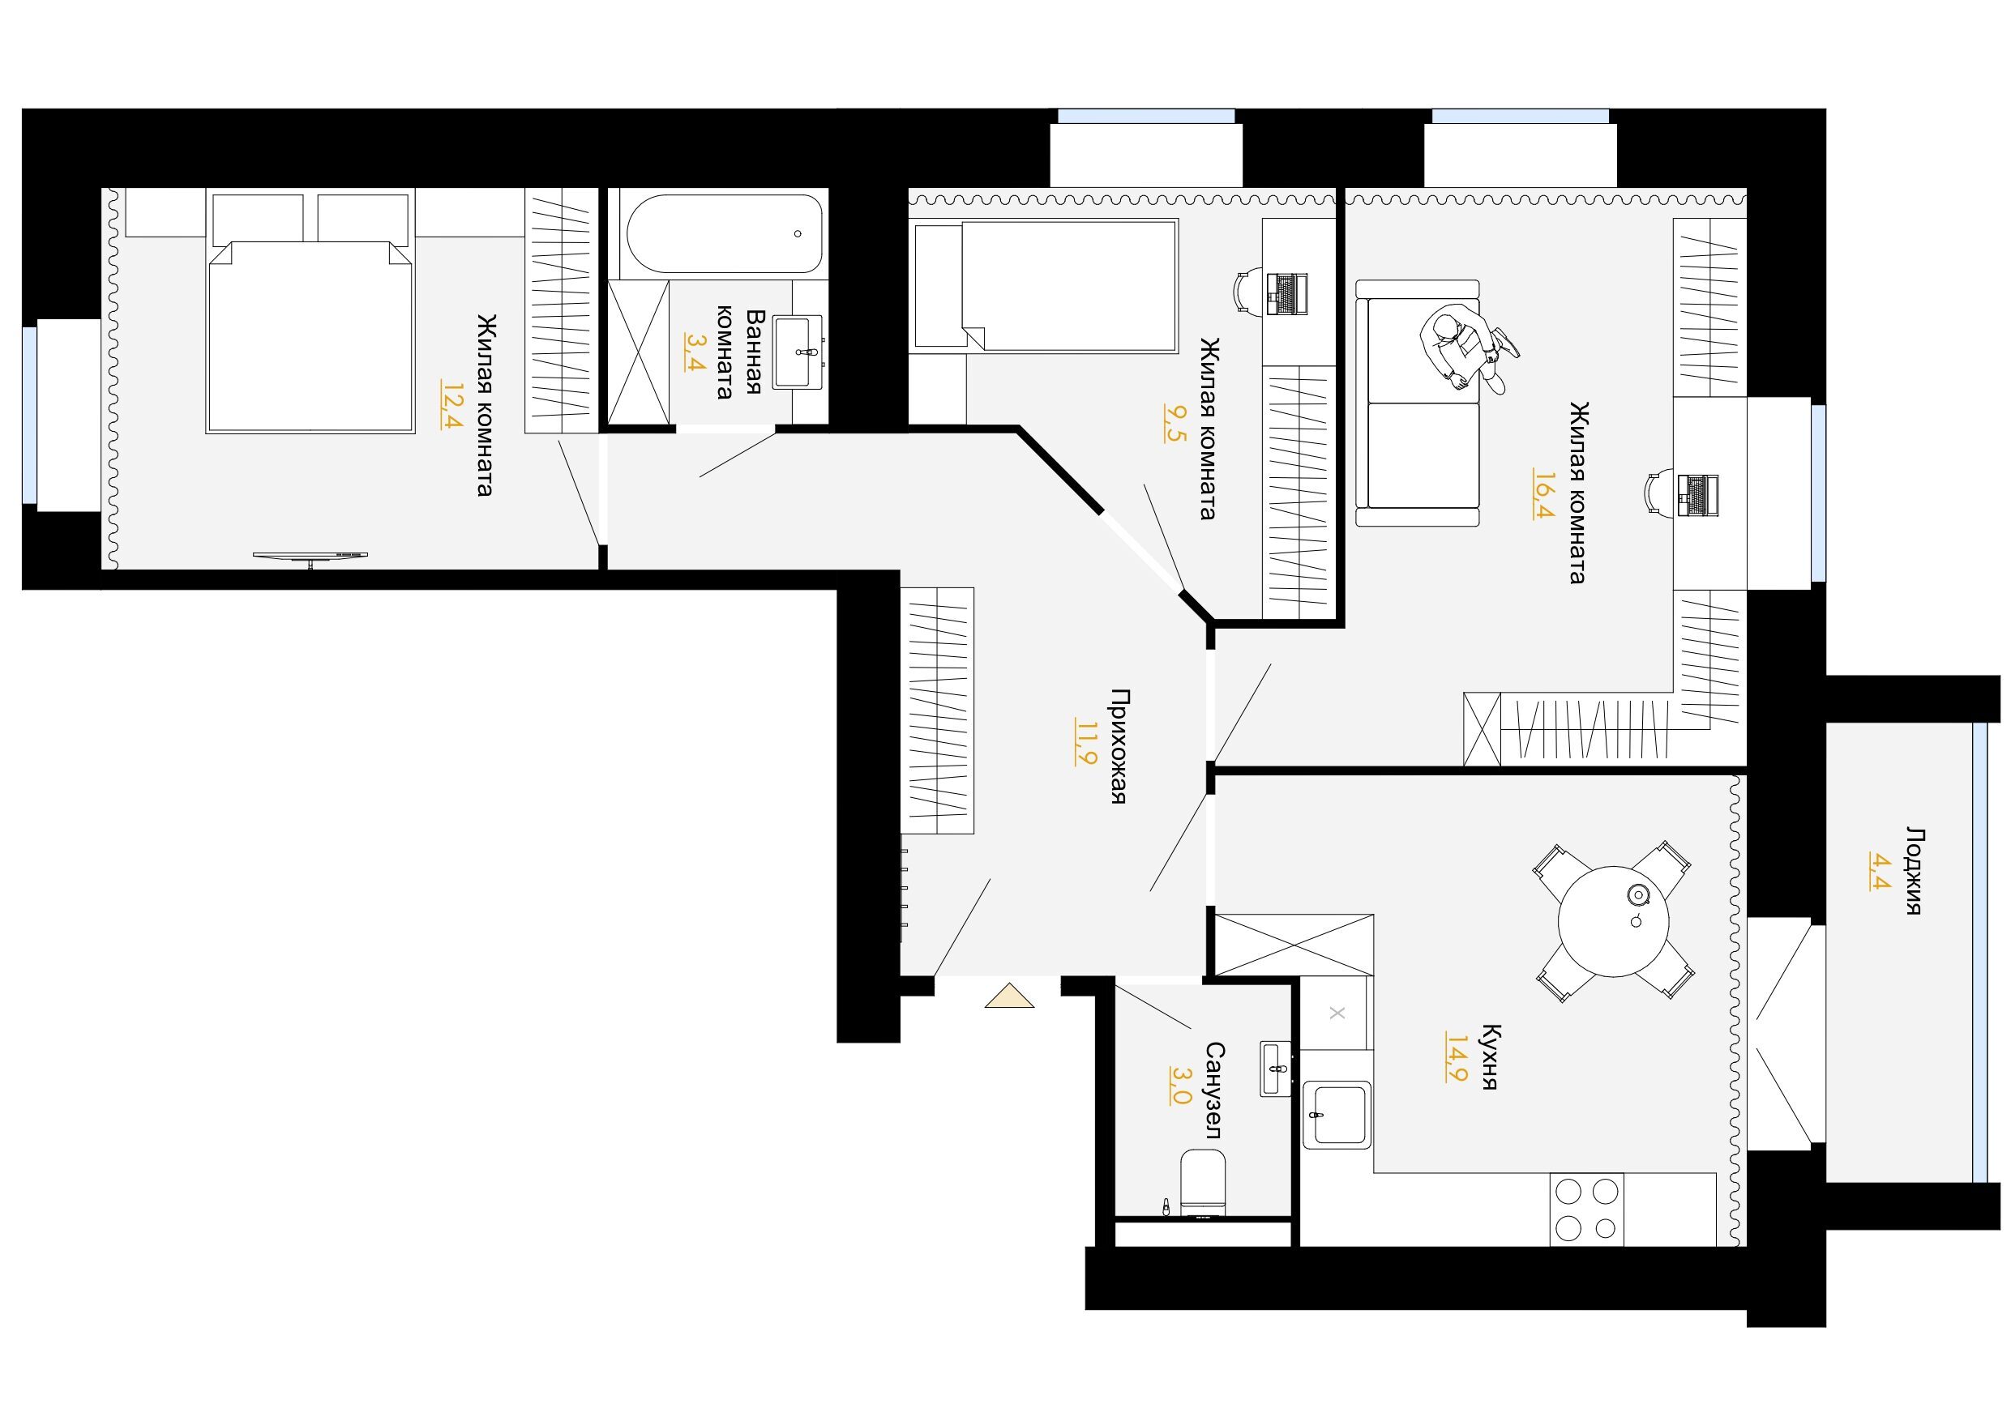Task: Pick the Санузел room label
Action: [x=1213, y=1090]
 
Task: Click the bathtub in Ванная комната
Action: [x=724, y=234]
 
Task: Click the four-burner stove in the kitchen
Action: [x=1587, y=1209]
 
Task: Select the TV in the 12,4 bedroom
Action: [x=311, y=557]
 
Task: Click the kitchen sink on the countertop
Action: [x=1336, y=1114]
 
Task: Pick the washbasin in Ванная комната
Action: [x=798, y=351]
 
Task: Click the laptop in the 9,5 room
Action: [x=1286, y=293]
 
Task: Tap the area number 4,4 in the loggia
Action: [x=1878, y=869]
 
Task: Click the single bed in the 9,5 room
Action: [x=1044, y=286]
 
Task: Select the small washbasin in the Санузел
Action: [x=1275, y=1067]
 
